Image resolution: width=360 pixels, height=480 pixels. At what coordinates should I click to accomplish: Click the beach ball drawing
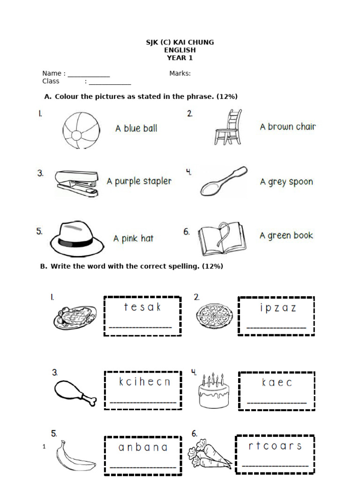pos(81,130)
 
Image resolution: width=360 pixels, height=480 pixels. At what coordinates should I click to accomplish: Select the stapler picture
pos(77,183)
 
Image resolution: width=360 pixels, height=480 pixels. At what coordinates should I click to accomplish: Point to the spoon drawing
pos(223,181)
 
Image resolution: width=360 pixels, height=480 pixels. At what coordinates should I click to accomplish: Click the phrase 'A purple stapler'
pos(139,181)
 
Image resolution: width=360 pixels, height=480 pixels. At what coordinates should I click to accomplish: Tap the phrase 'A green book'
pos(286,236)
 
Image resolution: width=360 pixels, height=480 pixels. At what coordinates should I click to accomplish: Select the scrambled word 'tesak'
pos(142,307)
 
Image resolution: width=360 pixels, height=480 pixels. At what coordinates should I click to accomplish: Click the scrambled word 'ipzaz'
pos(277,308)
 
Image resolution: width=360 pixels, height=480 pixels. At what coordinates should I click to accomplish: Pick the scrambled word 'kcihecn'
pos(144,382)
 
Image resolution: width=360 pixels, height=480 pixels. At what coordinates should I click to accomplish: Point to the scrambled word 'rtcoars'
pos(275,446)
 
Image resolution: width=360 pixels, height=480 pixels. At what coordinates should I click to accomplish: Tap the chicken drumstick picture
pos(74,392)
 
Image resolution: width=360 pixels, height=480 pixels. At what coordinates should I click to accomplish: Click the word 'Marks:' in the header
pos(180,73)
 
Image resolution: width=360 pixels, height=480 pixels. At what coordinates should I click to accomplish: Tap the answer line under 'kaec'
pos(277,402)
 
